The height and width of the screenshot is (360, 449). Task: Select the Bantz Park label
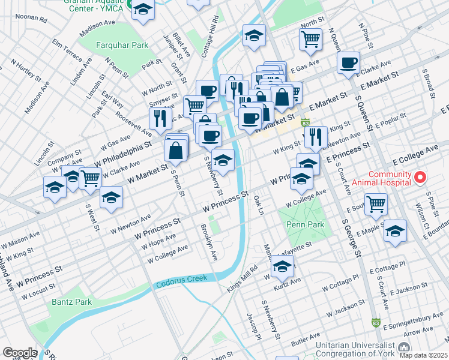point(71,302)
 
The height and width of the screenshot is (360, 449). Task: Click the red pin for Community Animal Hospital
point(420,178)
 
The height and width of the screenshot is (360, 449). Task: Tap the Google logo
point(20,353)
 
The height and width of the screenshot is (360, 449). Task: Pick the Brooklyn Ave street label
point(210,243)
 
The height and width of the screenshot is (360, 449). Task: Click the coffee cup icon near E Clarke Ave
point(348,62)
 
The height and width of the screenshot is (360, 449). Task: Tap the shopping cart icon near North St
point(310,39)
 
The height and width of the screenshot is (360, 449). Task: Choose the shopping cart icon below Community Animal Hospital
point(376,203)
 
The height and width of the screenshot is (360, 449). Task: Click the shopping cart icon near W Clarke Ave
point(90,177)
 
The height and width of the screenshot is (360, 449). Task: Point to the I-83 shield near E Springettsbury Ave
point(376,322)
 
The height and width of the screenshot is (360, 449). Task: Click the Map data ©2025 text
point(424,355)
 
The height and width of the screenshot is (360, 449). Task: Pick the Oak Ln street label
point(259,204)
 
